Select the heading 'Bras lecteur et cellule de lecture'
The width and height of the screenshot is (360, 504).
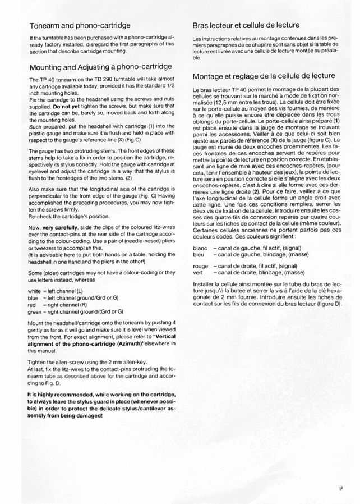click(x=245, y=26)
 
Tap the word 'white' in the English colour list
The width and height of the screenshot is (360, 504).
click(x=35, y=291)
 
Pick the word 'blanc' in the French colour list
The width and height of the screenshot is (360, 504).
click(x=200, y=248)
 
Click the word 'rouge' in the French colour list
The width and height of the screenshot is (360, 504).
click(x=200, y=266)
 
